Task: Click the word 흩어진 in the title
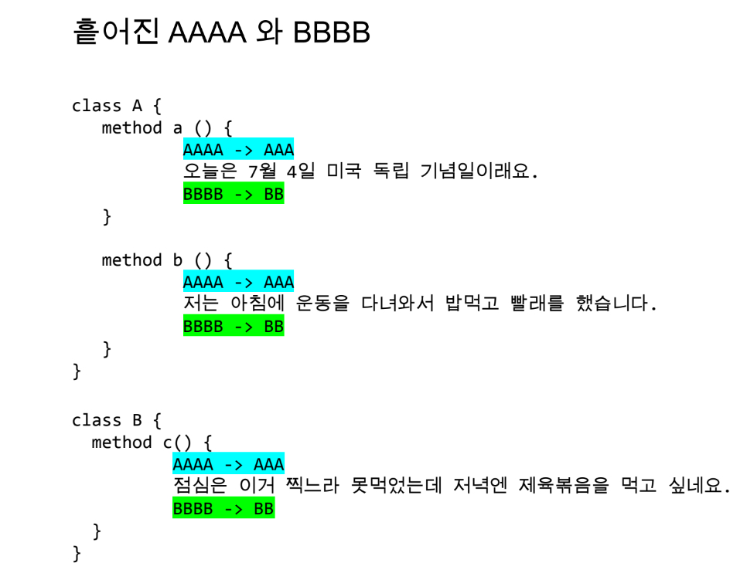[116, 32]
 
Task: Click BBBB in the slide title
[332, 33]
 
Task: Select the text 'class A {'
[116, 106]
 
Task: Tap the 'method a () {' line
[166, 128]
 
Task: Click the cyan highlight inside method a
[238, 149]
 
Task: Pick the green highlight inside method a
[234, 194]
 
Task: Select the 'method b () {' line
[166, 260]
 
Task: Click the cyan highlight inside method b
[238, 282]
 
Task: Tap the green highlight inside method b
[234, 327]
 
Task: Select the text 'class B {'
[116, 420]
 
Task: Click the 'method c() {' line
[152, 443]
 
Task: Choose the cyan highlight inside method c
[228, 464]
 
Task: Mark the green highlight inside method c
[223, 509]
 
